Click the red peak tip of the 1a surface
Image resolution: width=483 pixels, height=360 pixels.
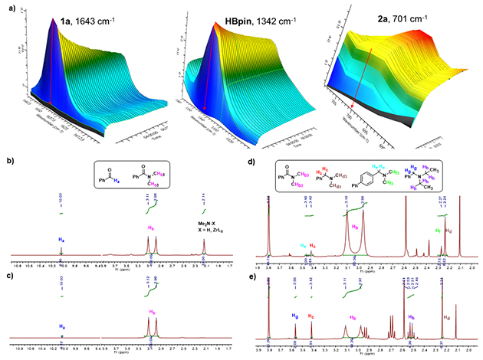(x=54, y=21)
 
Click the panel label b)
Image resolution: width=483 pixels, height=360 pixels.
(x=10, y=162)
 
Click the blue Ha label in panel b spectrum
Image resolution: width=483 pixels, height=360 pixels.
(x=61, y=240)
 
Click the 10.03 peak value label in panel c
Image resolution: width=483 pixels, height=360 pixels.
(x=61, y=283)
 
